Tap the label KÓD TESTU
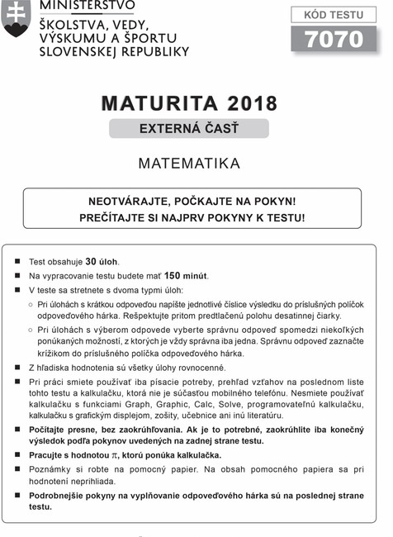tap(334, 13)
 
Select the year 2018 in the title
tap(249, 104)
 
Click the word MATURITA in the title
tap(159, 104)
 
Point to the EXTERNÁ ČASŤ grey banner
tap(189, 128)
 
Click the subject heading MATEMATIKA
tap(189, 164)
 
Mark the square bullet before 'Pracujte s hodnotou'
tap(17, 455)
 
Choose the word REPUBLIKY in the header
tap(155, 51)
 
